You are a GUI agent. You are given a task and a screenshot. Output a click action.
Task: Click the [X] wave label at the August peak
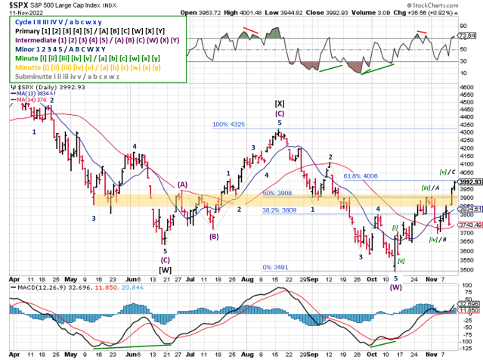point(280,104)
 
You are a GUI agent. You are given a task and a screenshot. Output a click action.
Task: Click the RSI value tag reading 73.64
point(469,36)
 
